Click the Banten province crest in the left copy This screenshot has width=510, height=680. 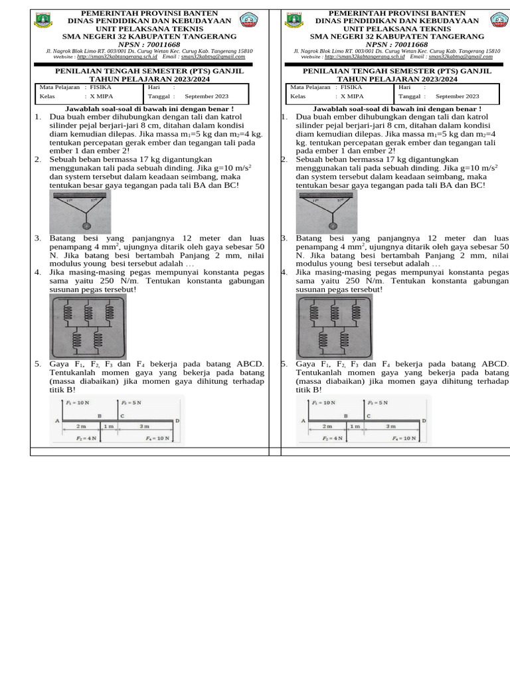coord(42,20)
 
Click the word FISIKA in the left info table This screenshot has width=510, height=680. coord(101,87)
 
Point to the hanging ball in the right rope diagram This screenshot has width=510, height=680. coord(333,225)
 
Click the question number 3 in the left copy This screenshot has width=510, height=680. coord(38,238)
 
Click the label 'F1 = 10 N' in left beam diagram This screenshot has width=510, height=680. coord(78,403)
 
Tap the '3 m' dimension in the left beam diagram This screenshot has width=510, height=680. coord(145,426)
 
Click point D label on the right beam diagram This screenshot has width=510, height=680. coord(424,421)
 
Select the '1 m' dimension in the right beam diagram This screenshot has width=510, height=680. coord(355,426)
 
